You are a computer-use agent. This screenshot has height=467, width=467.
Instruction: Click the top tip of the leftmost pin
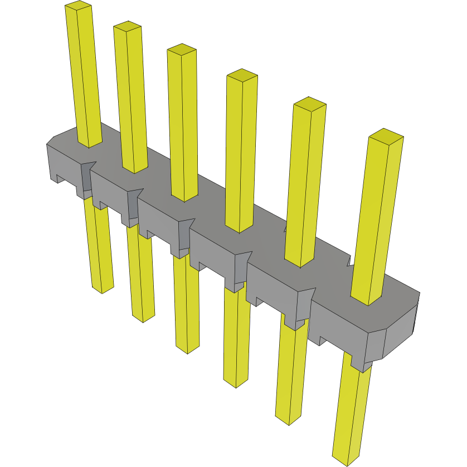[x=78, y=6]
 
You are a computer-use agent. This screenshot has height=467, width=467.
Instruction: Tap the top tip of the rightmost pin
[x=386, y=135]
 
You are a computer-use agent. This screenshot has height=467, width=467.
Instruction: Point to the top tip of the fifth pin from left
[x=309, y=104]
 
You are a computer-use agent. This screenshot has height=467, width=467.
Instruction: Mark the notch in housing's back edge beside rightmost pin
[x=349, y=261]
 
